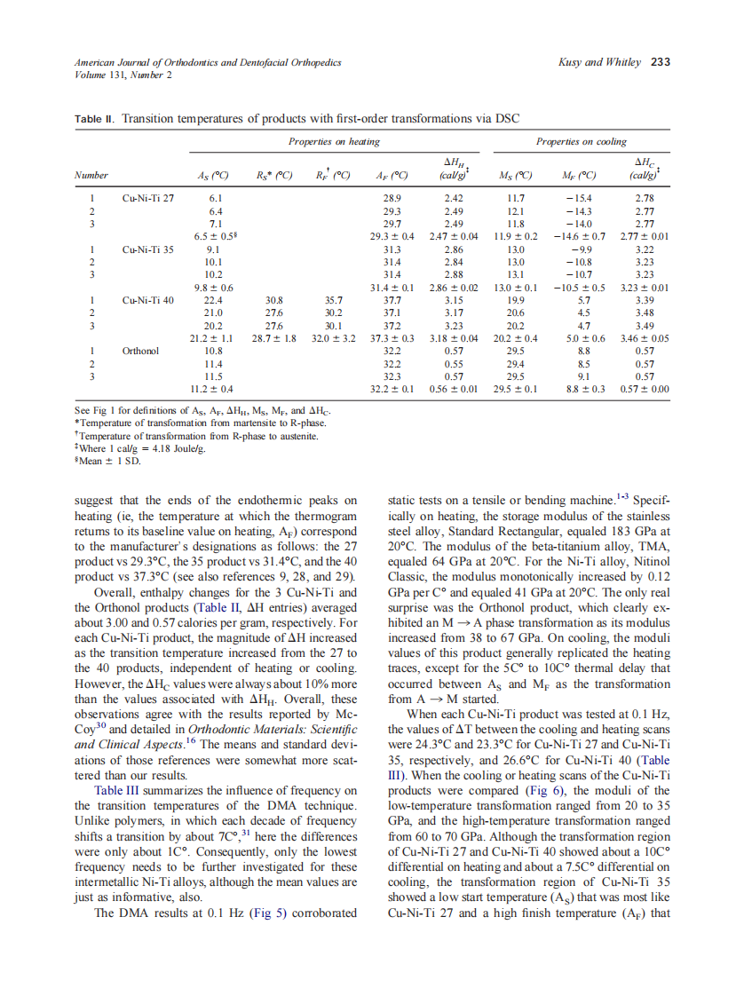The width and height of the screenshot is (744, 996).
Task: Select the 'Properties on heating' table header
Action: point(334,141)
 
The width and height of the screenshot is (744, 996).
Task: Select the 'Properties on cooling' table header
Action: point(581,141)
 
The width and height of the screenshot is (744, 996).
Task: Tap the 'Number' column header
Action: point(91,175)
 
